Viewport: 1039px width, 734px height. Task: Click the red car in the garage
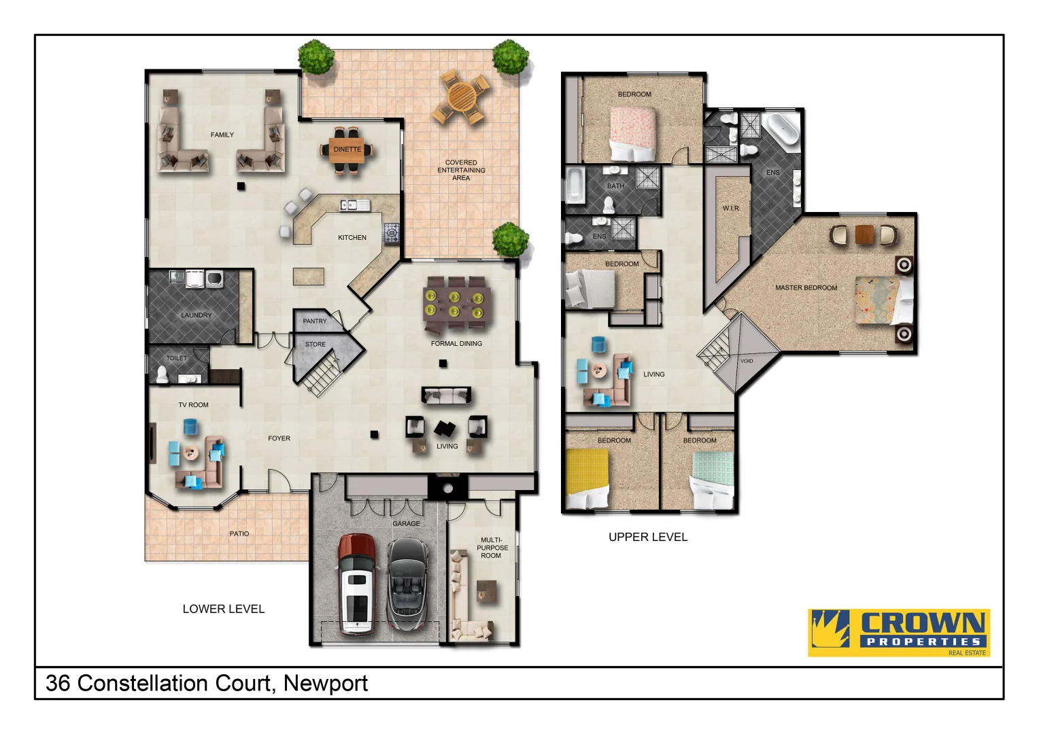point(356,584)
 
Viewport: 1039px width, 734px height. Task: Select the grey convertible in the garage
point(407,584)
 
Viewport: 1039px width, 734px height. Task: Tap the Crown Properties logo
point(898,632)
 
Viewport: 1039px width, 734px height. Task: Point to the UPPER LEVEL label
point(647,537)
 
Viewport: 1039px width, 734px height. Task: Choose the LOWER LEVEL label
point(223,609)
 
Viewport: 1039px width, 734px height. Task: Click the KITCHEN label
point(352,238)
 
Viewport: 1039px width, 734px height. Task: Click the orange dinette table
point(347,150)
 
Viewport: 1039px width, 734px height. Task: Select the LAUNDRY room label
point(196,315)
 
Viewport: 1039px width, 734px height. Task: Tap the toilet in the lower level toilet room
point(163,374)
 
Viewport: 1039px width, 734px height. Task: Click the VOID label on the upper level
point(747,361)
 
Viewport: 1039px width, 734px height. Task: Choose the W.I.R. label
point(731,208)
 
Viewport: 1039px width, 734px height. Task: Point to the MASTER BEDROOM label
point(806,287)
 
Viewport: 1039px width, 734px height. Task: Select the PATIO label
point(239,534)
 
